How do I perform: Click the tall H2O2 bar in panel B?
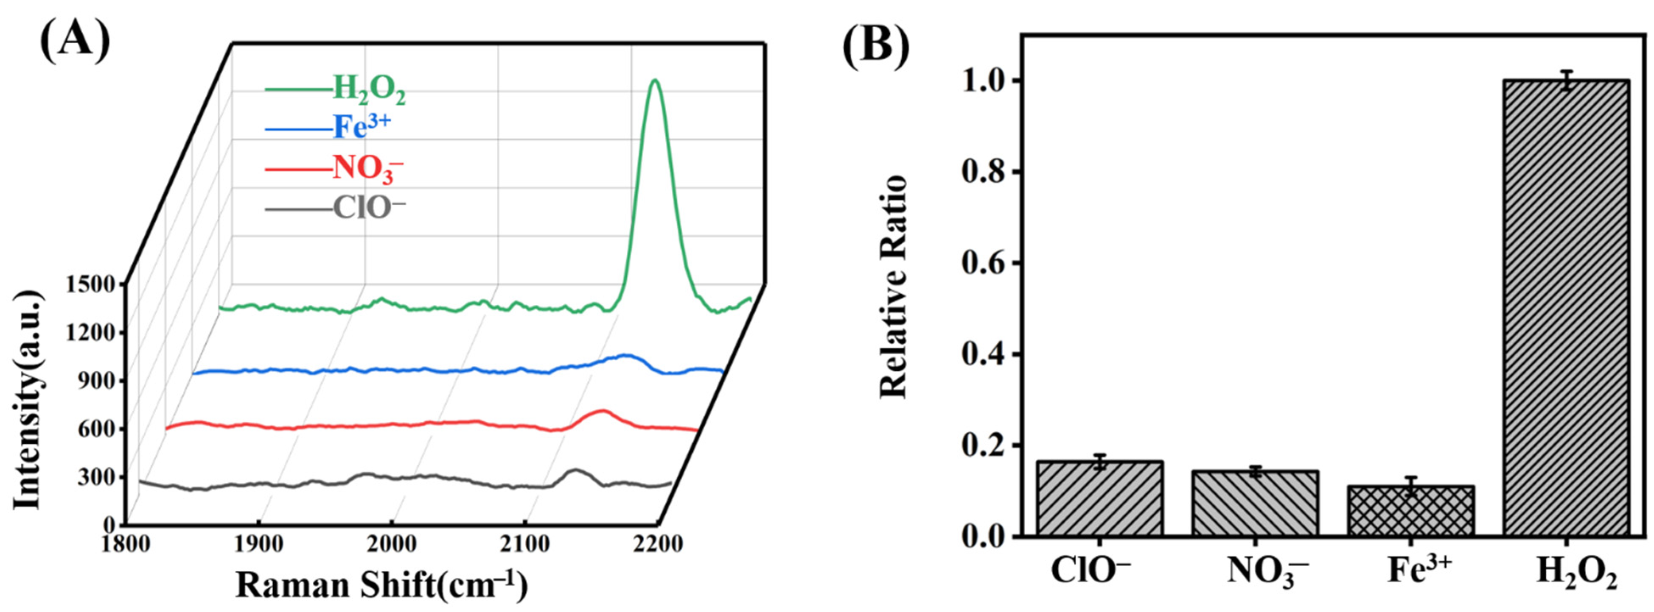click(1566, 317)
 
